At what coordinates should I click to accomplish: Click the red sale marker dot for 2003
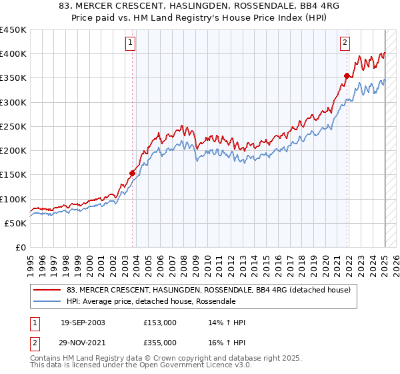[132, 174]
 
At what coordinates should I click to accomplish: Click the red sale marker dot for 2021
[347, 76]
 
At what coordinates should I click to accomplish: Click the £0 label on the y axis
[21, 247]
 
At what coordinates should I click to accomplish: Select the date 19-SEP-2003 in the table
[83, 323]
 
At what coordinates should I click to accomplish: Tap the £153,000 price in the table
[160, 323]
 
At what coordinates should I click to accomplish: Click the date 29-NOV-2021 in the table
[83, 342]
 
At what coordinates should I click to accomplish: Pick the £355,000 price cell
[160, 342]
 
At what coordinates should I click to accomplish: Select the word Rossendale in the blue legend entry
[215, 301]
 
